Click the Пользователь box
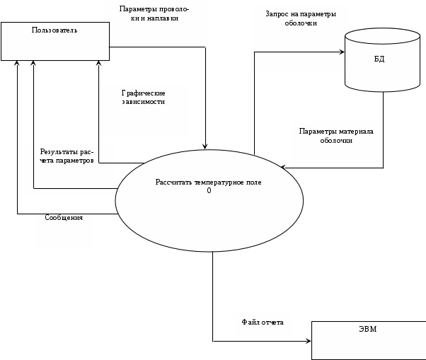tap(55, 41)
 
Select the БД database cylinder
tap(379, 59)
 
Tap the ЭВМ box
tap(367, 339)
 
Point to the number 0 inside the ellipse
tap(209, 191)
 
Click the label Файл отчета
tap(263, 323)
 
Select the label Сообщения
tap(64, 218)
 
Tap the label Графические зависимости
tap(144, 98)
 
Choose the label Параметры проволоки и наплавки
tap(154, 14)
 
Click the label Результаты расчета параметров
tap(67, 156)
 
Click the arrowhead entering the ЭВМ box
tap(308, 341)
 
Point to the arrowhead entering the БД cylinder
tap(341, 52)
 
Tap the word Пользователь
tap(54, 30)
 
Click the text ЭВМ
tap(367, 330)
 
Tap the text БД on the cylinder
tap(379, 59)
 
